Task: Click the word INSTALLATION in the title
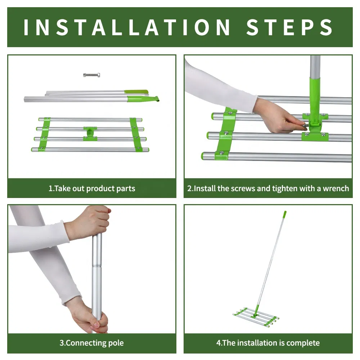[x=127, y=27]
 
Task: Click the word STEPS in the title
[x=290, y=27]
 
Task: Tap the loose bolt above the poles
[x=91, y=75]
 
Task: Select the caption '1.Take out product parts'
[x=92, y=188]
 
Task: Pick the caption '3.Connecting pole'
[x=91, y=343]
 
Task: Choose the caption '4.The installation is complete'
[x=268, y=343]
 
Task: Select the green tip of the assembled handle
[x=284, y=215]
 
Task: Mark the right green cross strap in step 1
[x=136, y=134]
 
